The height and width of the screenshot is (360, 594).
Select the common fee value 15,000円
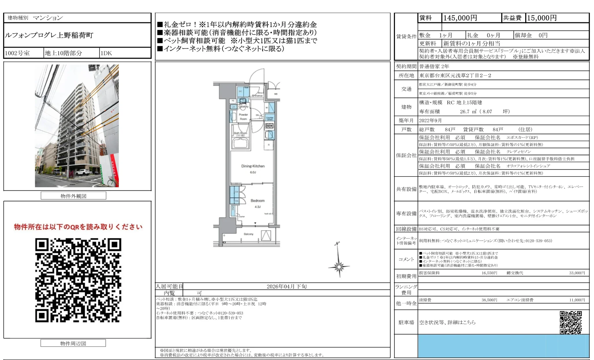[x=542, y=18]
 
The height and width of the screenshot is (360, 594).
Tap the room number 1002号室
[x=17, y=53]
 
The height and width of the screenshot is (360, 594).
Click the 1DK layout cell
[x=106, y=53]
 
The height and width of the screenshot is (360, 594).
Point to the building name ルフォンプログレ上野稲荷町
[x=49, y=35]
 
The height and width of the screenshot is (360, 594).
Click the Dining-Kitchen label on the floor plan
[x=253, y=166]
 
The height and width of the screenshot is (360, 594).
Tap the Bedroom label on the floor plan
[x=257, y=201]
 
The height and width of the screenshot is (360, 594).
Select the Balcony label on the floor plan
[x=248, y=234]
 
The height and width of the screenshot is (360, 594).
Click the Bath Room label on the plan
[x=240, y=133]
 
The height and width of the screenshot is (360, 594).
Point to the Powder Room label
[x=243, y=116]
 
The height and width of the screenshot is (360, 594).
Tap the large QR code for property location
[x=78, y=280]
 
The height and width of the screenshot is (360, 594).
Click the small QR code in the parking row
[x=571, y=322]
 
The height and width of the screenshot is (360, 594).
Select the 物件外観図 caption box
[x=73, y=196]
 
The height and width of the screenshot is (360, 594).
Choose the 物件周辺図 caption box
[x=73, y=343]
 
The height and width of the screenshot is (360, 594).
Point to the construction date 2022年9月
[x=430, y=120]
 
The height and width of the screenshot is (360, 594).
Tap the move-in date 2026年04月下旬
[x=287, y=286]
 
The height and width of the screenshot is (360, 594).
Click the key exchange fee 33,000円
[x=577, y=273]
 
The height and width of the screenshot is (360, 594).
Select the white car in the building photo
[x=83, y=172]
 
